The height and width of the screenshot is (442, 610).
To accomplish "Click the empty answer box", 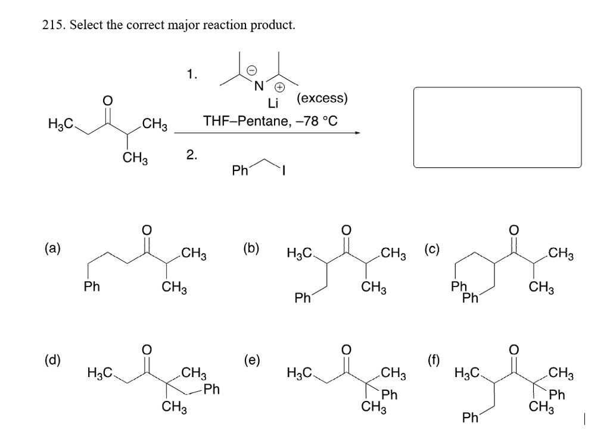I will click(497, 128).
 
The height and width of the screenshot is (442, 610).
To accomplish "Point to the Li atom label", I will click(273, 104).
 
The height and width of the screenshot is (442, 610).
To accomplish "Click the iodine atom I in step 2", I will click(285, 170).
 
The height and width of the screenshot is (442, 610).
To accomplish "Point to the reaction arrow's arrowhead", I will click(357, 133).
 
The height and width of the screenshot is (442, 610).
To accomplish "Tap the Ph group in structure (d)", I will click(211, 391).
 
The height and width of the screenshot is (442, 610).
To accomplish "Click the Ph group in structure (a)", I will click(91, 286).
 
